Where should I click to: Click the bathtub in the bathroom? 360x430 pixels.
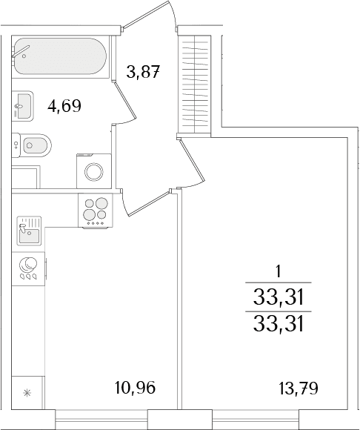click(60, 56)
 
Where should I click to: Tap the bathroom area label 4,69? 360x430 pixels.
click(64, 106)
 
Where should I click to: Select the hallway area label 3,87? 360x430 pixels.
click(143, 72)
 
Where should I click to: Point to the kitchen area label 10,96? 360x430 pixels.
click(135, 388)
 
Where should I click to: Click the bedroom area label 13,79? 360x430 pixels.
click(299, 388)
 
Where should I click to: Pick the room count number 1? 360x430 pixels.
click(279, 272)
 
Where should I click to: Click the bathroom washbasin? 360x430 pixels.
click(23, 106)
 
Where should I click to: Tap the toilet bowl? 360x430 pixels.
click(32, 145)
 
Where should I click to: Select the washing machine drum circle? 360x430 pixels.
click(94, 172)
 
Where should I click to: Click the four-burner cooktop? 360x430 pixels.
click(96, 211)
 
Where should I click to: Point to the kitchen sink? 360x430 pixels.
click(29, 231)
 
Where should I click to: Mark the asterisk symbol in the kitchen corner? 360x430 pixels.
click(27, 393)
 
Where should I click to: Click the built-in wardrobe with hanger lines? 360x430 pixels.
click(194, 85)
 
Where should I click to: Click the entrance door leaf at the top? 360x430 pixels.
click(145, 14)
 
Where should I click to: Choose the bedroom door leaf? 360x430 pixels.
click(192, 160)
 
